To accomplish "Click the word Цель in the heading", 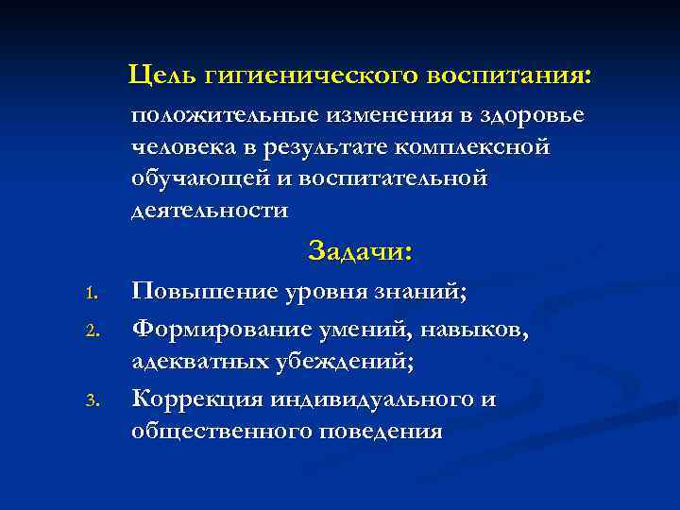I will coord(158,73).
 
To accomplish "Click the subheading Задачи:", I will coord(360,252).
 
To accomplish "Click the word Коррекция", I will coord(197,399).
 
